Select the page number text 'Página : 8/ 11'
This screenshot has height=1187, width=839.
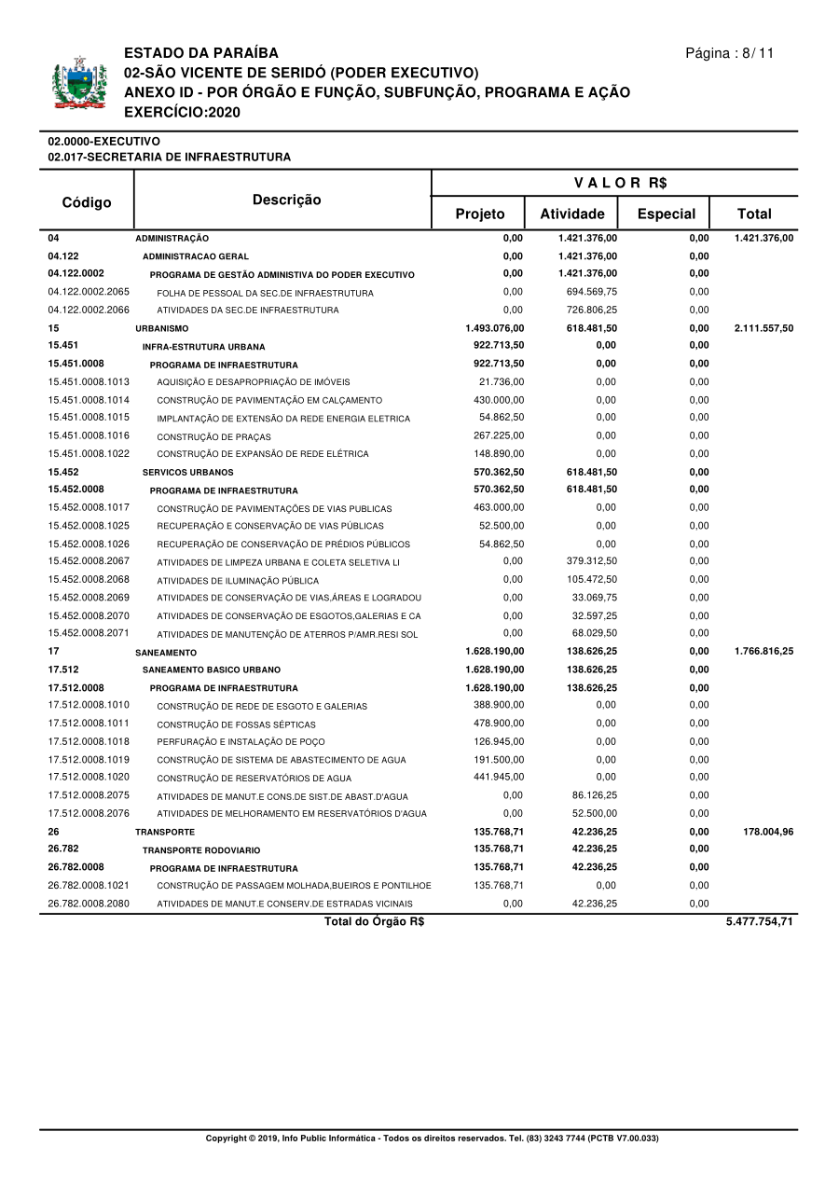[x=729, y=53]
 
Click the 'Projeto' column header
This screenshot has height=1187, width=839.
[x=479, y=214]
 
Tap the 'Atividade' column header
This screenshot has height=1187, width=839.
[x=571, y=214]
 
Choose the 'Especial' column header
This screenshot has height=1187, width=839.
[x=666, y=214]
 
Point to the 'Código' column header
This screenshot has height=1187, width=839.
[x=87, y=202]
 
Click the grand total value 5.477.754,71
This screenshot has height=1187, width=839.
[x=759, y=922]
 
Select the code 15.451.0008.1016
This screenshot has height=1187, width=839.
[x=89, y=435]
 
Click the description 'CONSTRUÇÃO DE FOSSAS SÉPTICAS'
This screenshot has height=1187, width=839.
[x=236, y=725]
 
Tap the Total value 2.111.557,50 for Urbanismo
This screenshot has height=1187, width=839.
[x=763, y=328]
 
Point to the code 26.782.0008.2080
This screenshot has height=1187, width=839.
[x=89, y=904]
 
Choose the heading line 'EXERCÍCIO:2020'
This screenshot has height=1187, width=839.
[x=182, y=113]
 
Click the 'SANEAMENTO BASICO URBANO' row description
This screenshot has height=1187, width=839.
[x=211, y=670]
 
